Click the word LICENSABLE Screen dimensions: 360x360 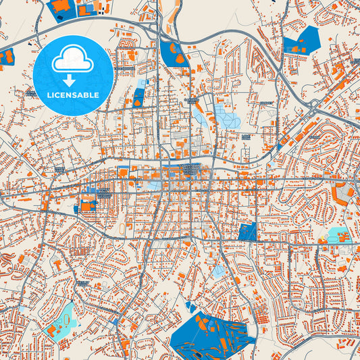click(x=72, y=95)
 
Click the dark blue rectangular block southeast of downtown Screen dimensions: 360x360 click(x=249, y=231)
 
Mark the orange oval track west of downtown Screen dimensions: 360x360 click(x=122, y=230)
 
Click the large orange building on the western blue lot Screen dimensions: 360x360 click(x=88, y=203)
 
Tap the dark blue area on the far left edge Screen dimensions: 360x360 click(x=7, y=57)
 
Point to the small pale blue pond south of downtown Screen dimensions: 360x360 click(x=218, y=271)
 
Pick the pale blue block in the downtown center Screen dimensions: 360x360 click(x=155, y=184)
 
